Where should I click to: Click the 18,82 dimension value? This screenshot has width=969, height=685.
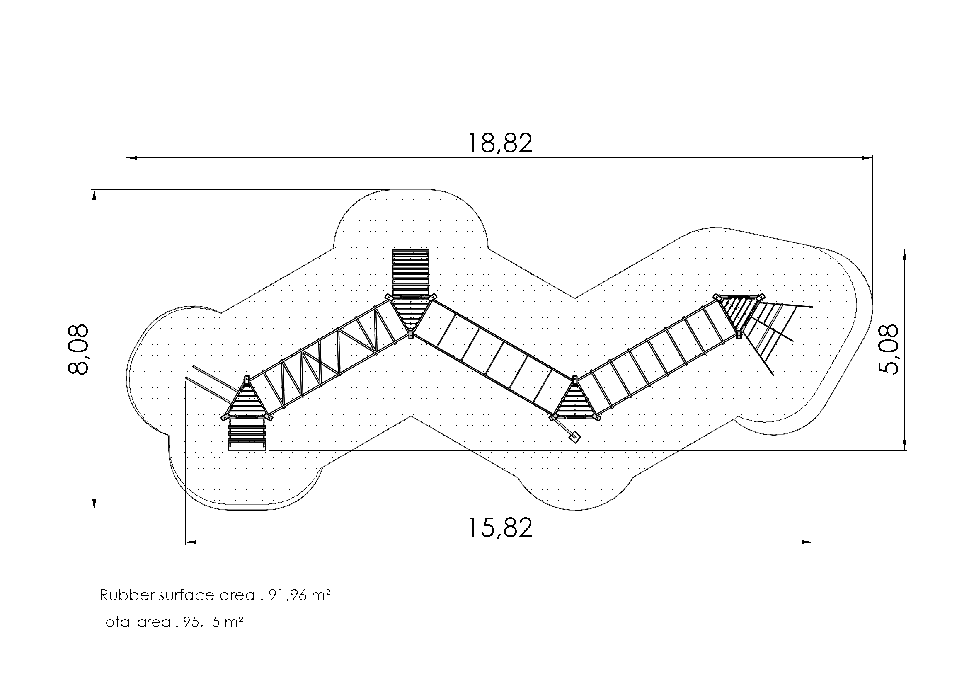(500, 143)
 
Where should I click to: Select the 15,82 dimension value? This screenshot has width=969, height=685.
(500, 528)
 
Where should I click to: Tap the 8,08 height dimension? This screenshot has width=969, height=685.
(78, 349)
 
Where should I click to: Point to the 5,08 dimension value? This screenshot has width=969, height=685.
(889, 349)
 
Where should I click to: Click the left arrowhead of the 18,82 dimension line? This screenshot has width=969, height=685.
(131, 158)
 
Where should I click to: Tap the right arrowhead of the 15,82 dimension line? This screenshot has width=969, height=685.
(808, 542)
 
